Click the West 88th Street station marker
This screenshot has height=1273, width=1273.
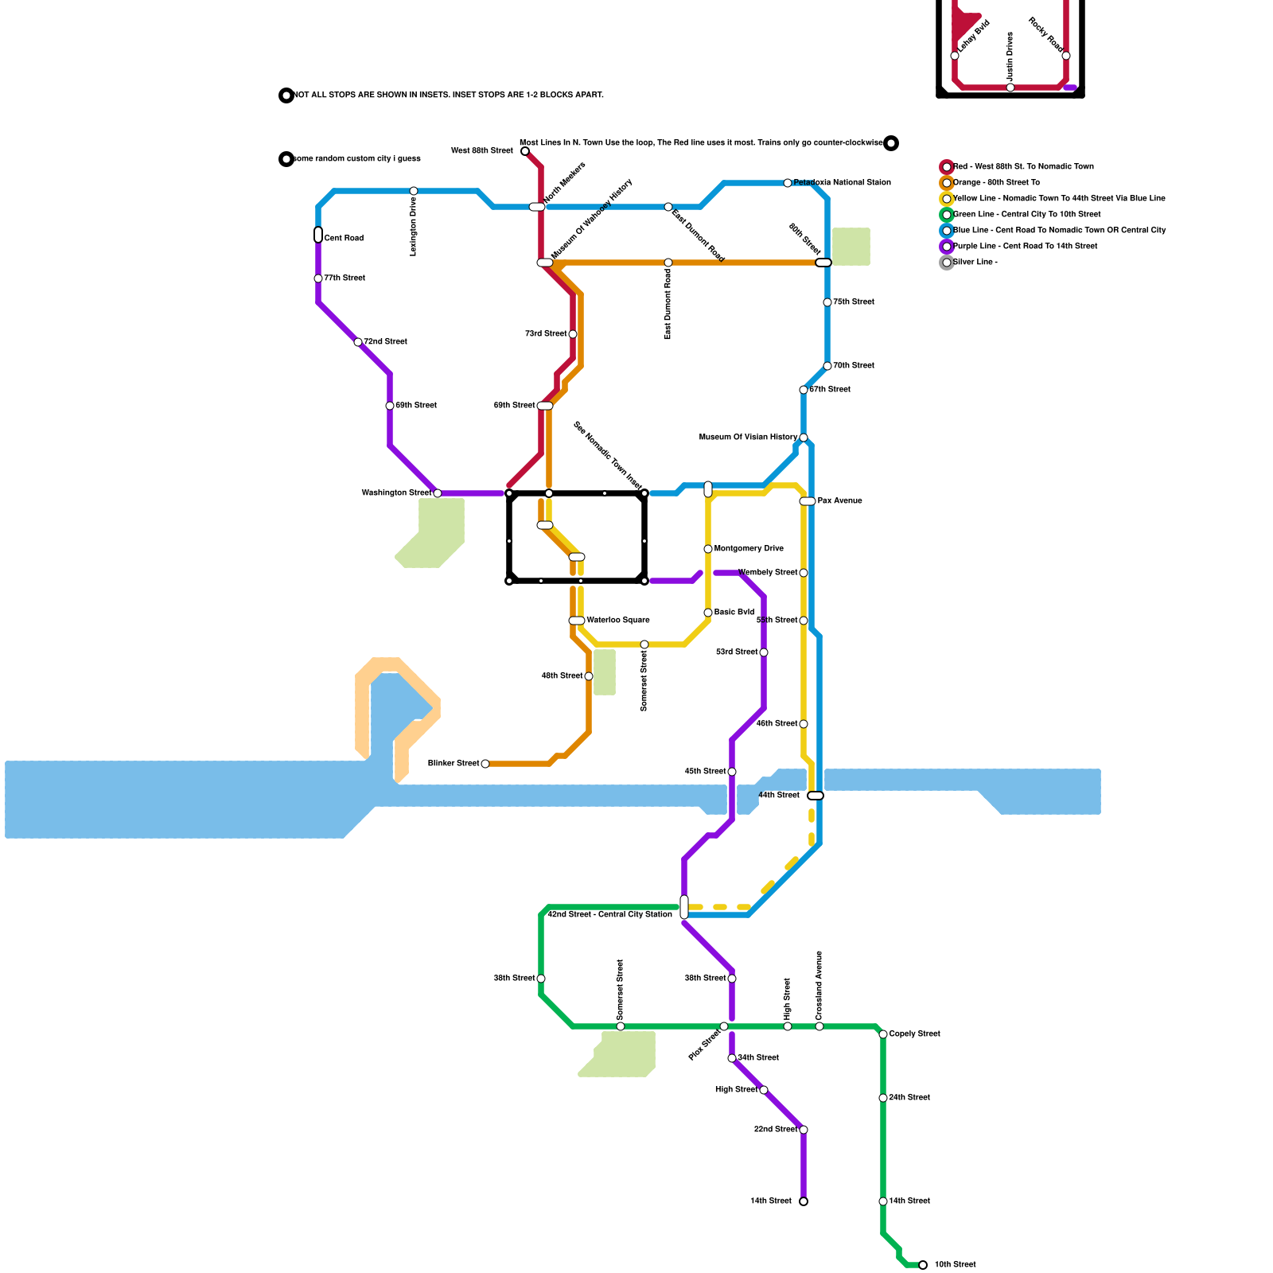click(525, 151)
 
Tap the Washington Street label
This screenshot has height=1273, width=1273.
click(396, 493)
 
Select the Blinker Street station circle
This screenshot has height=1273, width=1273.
click(485, 764)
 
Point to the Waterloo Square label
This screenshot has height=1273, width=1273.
click(618, 621)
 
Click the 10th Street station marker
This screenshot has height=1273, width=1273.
click(923, 1265)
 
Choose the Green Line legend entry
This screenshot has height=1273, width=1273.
click(1026, 215)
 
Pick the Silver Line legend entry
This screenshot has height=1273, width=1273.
click(975, 263)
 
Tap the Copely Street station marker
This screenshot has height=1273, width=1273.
click(883, 1034)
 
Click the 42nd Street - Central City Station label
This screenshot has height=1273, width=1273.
click(609, 915)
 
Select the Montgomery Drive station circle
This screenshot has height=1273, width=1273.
click(708, 549)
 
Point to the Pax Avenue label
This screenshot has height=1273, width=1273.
click(839, 501)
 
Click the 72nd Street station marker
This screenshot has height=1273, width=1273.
click(358, 342)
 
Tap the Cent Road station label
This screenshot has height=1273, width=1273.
click(344, 239)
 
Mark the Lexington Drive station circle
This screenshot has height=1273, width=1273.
click(414, 191)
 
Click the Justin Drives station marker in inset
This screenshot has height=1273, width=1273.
click(1010, 88)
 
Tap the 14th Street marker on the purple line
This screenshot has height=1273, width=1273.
click(804, 1201)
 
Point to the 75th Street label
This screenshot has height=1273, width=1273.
click(853, 302)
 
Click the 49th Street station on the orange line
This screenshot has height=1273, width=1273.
click(589, 676)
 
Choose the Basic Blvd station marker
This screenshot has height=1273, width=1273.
click(708, 613)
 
